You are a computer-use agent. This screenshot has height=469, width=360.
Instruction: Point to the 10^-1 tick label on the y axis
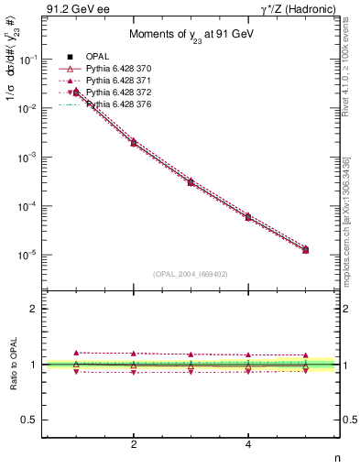[x=27, y=60]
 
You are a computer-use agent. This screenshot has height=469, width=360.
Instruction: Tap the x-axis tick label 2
[x=134, y=444]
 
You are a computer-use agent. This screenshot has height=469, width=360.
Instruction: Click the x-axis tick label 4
[x=248, y=444]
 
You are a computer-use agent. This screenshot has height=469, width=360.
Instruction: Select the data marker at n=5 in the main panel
[x=305, y=249]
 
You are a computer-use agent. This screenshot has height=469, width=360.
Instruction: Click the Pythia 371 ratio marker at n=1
[x=77, y=352]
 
